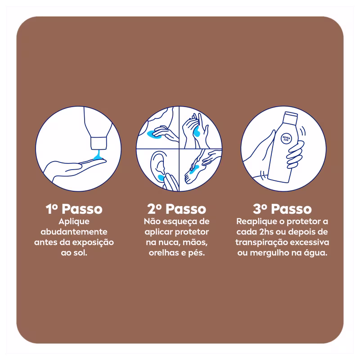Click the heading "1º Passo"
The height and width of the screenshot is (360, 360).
click(74, 209)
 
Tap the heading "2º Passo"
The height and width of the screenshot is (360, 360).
click(177, 209)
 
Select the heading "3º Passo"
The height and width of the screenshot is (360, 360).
click(282, 209)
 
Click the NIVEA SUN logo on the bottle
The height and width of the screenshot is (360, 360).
click(286, 139)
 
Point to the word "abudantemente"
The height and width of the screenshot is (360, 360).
click(74, 232)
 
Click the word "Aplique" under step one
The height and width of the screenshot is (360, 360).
click(74, 222)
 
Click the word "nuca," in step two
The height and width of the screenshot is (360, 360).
click(170, 243)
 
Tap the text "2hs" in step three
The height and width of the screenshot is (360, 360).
click(266, 232)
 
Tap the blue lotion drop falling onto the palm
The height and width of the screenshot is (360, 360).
click(98, 155)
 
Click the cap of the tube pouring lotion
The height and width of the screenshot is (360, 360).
click(99, 143)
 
